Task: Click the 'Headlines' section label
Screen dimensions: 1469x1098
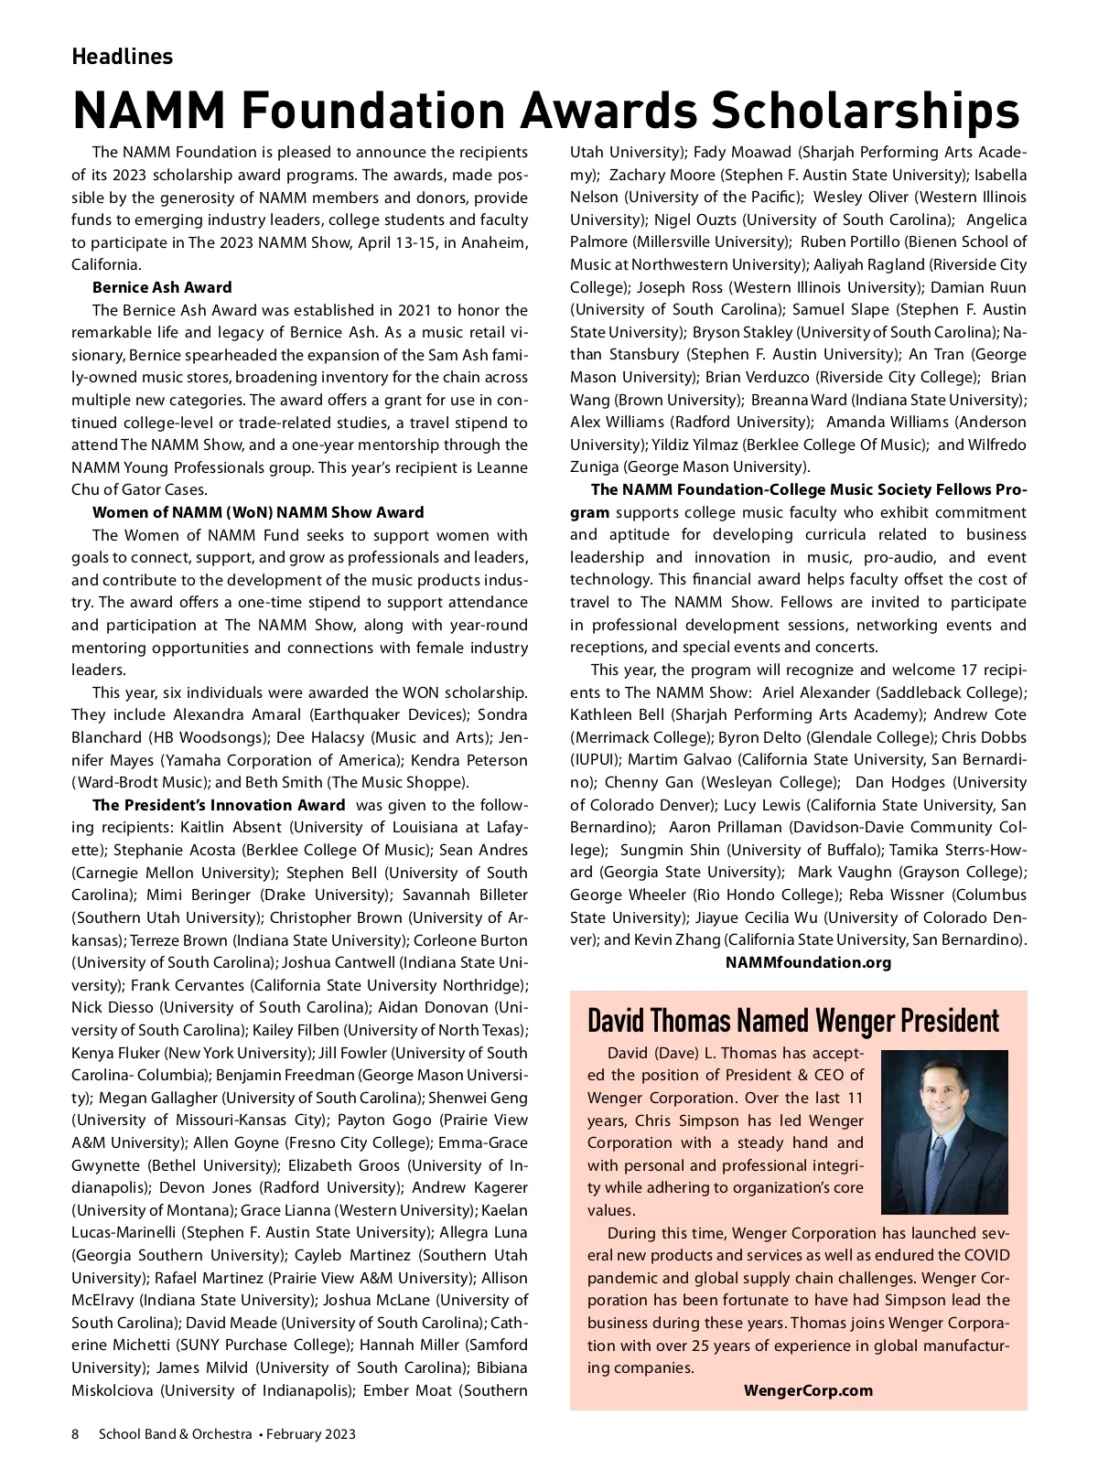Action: (x=122, y=57)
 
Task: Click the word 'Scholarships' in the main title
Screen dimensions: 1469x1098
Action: (x=865, y=110)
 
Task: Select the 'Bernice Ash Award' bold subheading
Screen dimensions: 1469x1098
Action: (x=162, y=287)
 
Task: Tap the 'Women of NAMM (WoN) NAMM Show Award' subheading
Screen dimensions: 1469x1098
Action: (x=258, y=512)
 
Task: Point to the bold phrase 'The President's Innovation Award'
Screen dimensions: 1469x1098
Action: (x=219, y=805)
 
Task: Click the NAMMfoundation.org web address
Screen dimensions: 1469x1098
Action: (x=808, y=962)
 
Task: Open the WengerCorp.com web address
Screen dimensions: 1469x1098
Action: (x=808, y=1390)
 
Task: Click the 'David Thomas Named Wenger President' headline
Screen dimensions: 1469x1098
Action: (x=792, y=1020)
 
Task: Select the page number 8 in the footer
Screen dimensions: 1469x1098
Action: (x=76, y=1434)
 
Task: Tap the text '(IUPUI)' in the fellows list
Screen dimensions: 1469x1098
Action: (x=595, y=760)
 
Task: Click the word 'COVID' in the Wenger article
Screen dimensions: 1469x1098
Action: (x=985, y=1255)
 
